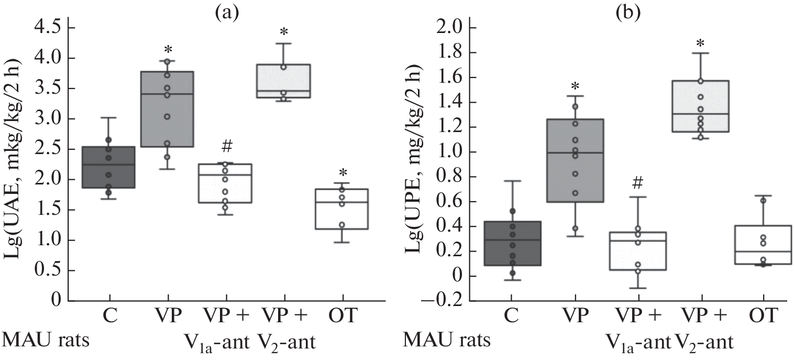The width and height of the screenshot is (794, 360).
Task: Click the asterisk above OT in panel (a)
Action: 343,173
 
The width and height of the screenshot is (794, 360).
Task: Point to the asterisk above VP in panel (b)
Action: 575,85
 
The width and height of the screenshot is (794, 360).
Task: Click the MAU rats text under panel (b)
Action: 447,342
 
